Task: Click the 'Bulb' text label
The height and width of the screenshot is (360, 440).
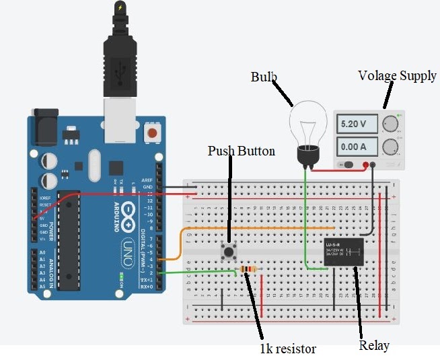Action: pos(264,77)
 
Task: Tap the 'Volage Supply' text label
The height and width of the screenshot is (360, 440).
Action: pos(397,75)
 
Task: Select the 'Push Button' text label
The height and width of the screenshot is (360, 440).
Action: pos(242,151)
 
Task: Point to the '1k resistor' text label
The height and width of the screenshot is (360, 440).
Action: pos(287,349)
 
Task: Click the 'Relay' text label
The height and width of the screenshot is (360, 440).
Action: pos(374,346)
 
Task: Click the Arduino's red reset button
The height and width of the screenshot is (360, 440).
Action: pos(154,132)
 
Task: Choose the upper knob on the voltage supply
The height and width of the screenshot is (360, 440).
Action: pos(390,124)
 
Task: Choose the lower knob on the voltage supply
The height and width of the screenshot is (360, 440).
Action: pos(390,147)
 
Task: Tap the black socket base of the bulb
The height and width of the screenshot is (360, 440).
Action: pos(308,156)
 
